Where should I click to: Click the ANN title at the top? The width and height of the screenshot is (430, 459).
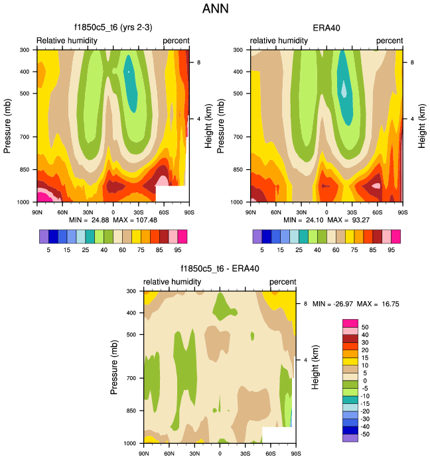[x=215, y=10]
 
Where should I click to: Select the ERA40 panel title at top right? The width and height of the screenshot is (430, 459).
[x=326, y=29]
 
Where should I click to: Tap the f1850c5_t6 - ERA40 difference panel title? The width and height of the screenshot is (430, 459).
[x=220, y=269]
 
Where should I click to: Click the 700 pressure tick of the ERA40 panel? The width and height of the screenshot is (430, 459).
[x=242, y=137]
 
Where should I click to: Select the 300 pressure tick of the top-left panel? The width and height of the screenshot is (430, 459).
[x=28, y=50]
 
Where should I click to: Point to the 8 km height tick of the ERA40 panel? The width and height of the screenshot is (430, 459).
[x=412, y=62]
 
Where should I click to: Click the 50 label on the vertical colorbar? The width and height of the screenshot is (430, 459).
[x=365, y=326]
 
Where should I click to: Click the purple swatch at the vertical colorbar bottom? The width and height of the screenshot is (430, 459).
[x=350, y=437]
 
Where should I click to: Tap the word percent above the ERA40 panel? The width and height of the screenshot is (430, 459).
[x=390, y=41]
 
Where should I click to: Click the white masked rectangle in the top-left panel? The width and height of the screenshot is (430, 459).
[x=171, y=194]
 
